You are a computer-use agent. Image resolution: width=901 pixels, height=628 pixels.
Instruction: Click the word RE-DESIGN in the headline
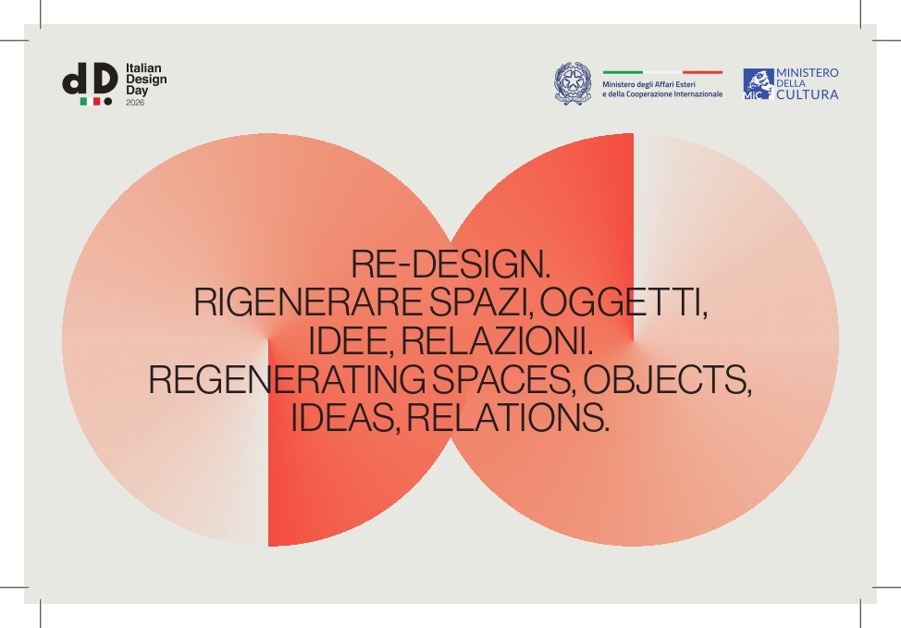pyautogui.click(x=448, y=264)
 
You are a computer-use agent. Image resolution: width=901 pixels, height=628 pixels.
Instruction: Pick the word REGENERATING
pyautogui.click(x=287, y=379)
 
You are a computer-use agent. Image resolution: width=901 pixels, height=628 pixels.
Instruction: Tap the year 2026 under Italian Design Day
pyautogui.click(x=135, y=103)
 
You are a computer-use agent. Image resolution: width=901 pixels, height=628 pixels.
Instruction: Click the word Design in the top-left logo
pyautogui.click(x=146, y=80)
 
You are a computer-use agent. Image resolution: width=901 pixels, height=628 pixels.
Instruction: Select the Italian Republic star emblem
pyautogui.click(x=573, y=83)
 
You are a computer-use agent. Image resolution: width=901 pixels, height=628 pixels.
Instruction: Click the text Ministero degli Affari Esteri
pyautogui.click(x=648, y=84)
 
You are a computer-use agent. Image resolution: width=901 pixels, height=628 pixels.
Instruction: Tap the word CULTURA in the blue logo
pyautogui.click(x=808, y=94)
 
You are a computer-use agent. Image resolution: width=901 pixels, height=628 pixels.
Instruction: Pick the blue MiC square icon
pyautogui.click(x=758, y=84)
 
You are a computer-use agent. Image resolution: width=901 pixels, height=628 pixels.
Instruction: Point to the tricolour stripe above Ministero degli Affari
pyautogui.click(x=662, y=72)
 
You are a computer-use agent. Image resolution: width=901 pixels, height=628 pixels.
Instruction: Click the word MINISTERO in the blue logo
pyautogui.click(x=808, y=73)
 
